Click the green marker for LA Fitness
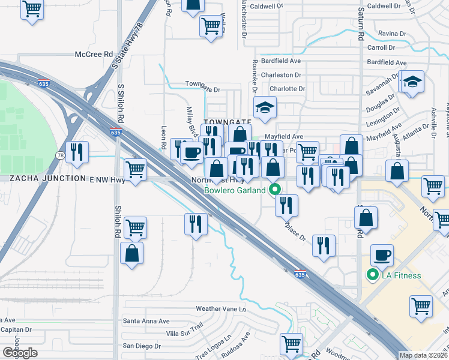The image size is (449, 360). click(372, 275)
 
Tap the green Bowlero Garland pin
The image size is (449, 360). click(276, 190)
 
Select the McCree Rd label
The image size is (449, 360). click(94, 54)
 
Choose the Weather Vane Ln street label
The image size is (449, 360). click(221, 309)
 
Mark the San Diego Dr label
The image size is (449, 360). click(142, 346)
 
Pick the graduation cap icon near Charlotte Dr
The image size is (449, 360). click(263, 107)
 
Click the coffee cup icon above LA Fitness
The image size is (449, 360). click(382, 255)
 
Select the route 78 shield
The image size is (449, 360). click(61, 155)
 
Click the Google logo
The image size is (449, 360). click(20, 353)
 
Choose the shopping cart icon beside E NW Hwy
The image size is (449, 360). click(135, 170)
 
